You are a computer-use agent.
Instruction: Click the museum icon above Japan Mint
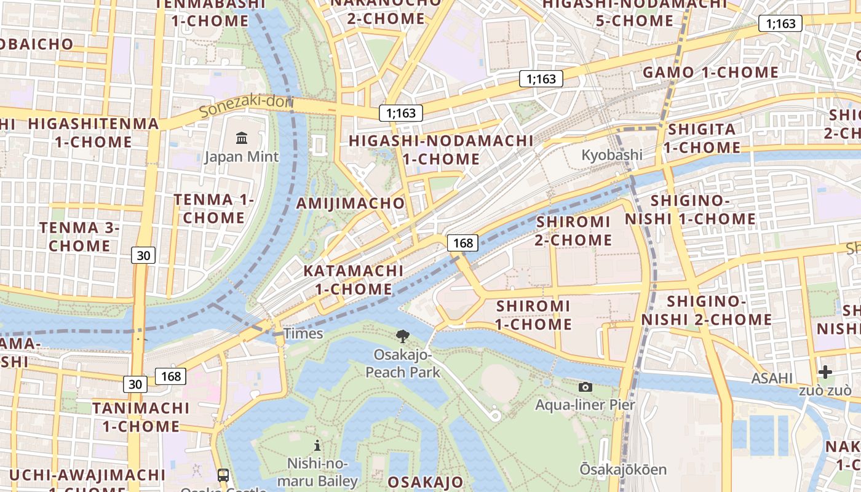click(x=242, y=138)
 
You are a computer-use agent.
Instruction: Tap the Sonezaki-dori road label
click(x=247, y=106)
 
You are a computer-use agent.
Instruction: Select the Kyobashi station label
click(x=612, y=154)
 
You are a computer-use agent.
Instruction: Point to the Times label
click(x=303, y=333)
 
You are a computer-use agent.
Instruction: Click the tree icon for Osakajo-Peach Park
click(x=403, y=336)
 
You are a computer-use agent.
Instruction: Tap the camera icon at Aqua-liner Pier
click(x=585, y=387)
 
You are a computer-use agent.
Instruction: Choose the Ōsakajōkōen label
click(x=623, y=469)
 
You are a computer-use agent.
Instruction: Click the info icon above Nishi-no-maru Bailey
click(x=317, y=445)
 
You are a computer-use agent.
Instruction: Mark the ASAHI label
click(x=772, y=378)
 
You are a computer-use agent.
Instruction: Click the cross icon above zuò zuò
click(x=825, y=372)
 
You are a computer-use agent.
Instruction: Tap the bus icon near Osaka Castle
click(x=223, y=475)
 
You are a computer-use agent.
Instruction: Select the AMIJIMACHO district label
click(x=351, y=203)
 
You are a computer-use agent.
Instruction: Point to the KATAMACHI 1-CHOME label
click(x=354, y=280)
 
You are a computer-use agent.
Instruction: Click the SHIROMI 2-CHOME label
click(x=573, y=231)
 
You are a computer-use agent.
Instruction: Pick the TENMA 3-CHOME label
click(x=79, y=237)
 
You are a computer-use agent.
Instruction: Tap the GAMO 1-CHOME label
click(x=710, y=73)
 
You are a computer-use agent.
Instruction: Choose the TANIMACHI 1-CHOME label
click(x=141, y=417)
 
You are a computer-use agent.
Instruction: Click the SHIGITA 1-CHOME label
click(x=702, y=138)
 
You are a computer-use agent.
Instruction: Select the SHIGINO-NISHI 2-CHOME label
click(x=707, y=311)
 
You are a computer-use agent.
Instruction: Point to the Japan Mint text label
click(x=242, y=157)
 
